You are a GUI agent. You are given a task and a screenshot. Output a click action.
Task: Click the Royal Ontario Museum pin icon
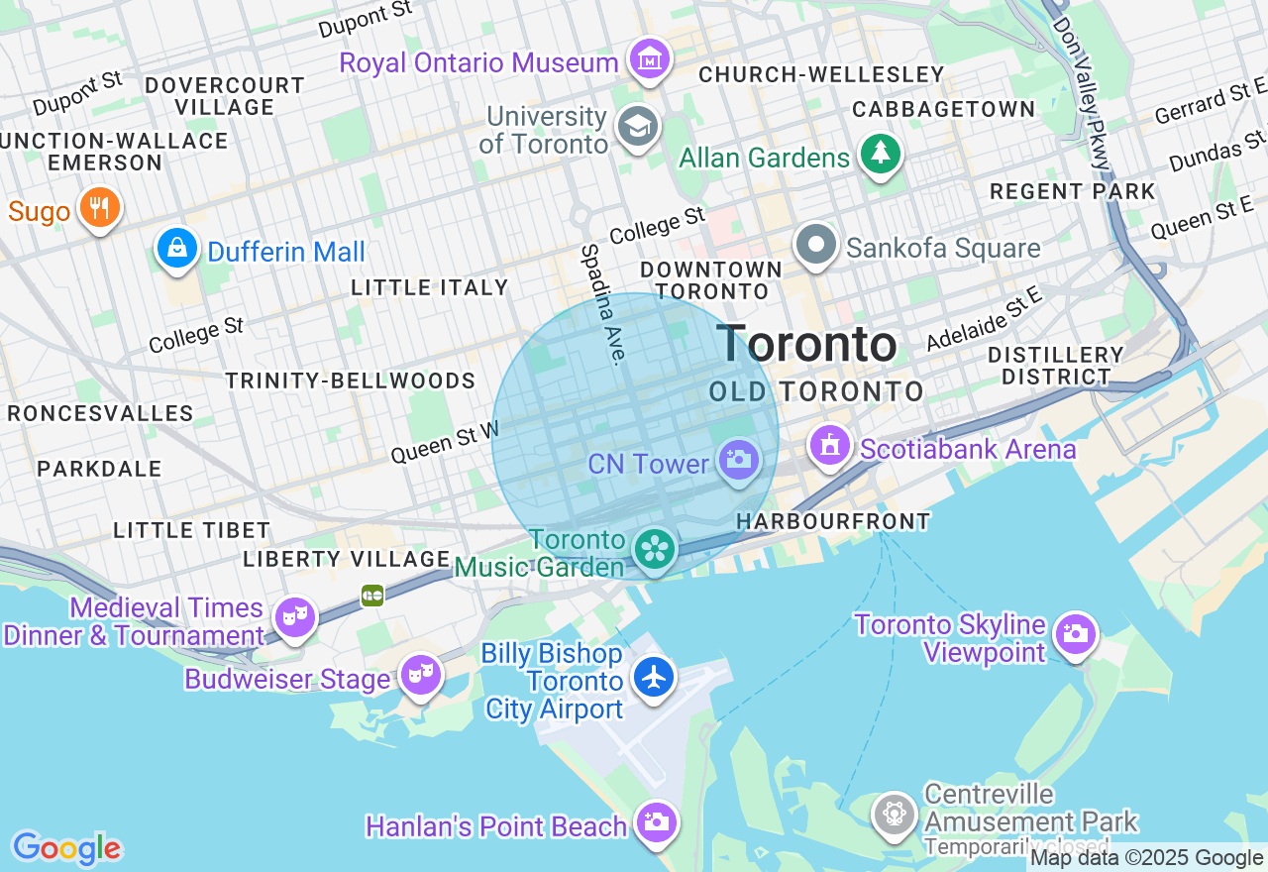(650, 60)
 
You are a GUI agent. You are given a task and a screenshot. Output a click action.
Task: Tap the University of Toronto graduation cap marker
(637, 126)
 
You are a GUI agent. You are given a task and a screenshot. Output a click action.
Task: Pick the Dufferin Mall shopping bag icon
(177, 249)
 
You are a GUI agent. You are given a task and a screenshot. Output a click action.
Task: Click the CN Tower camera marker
(738, 460)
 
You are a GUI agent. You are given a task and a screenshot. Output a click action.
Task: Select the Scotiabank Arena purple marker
(830, 445)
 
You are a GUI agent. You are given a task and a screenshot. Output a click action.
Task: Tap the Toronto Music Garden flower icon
(654, 548)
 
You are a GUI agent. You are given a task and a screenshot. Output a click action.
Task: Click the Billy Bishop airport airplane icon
(654, 677)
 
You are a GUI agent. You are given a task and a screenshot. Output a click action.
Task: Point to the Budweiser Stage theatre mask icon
(420, 675)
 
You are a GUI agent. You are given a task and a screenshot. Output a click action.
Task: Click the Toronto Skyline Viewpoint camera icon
(1076, 632)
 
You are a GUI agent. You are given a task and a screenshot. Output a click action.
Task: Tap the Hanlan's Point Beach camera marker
(655, 821)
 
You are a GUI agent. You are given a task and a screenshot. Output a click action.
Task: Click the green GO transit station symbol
(372, 595)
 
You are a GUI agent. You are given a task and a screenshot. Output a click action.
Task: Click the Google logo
(66, 848)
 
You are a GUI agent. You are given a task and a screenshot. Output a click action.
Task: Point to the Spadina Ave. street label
(604, 303)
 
